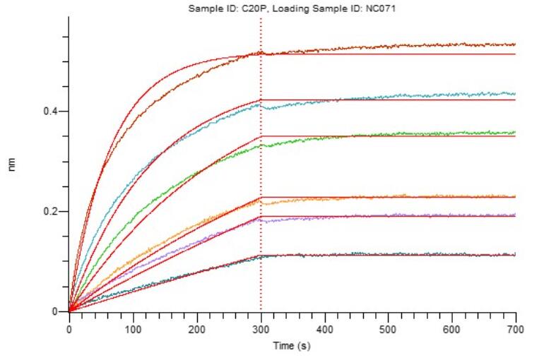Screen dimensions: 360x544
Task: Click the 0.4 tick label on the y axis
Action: pyautogui.click(x=51, y=112)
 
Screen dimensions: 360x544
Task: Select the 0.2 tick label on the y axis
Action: pyautogui.click(x=51, y=212)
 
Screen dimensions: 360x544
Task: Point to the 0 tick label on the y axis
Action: pyautogui.click(x=56, y=311)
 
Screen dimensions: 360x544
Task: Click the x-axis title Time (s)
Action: pyautogui.click(x=292, y=346)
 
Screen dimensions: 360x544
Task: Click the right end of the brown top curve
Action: pyautogui.click(x=515, y=44)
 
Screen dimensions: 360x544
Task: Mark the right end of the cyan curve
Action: pyautogui.click(x=515, y=94)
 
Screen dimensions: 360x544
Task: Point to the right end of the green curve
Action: pyautogui.click(x=515, y=132)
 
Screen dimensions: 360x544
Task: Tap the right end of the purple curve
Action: pyautogui.click(x=515, y=215)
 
